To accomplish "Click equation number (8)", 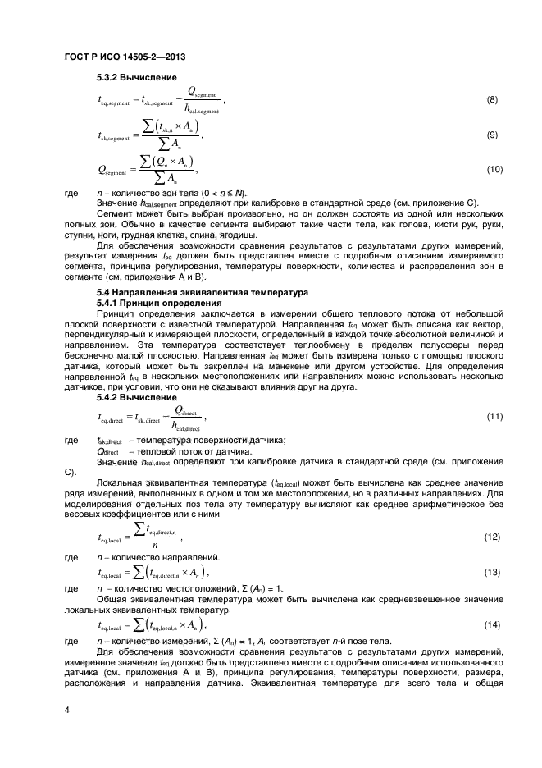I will tap(492, 100).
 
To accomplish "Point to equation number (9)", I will tap(492, 135).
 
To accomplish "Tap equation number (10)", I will tap(492, 169).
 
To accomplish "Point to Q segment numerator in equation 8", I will tap(200, 91).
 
